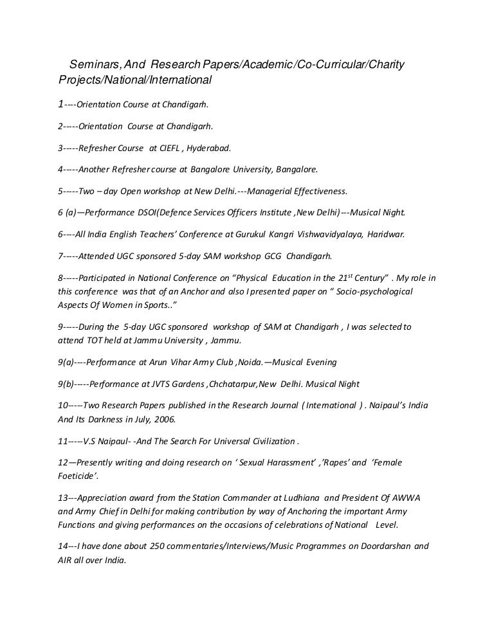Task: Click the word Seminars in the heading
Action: point(91,66)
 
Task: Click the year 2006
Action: point(163,419)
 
